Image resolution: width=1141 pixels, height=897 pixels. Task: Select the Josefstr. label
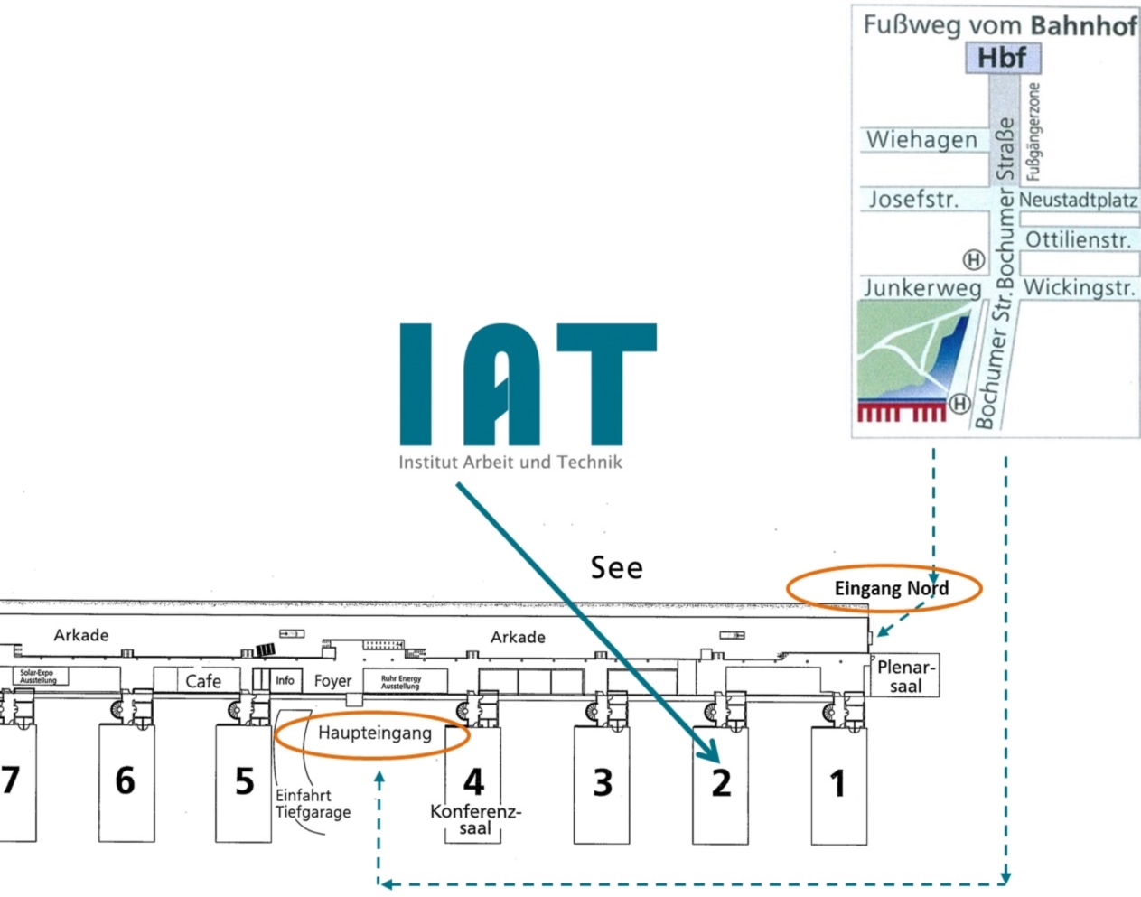pyautogui.click(x=913, y=199)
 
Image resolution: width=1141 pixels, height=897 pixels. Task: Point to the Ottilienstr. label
pyautogui.click(x=1078, y=240)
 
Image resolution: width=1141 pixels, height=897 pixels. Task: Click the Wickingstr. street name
pyautogui.click(x=1079, y=288)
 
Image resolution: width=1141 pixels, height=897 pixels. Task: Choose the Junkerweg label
pyautogui.click(x=922, y=288)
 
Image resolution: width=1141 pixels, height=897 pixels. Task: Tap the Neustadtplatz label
pyautogui.click(x=1078, y=200)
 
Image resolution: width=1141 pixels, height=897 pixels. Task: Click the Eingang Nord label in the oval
pyautogui.click(x=891, y=589)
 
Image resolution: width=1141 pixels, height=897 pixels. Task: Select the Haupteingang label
pyautogui.click(x=374, y=733)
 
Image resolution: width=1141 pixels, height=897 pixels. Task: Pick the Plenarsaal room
pyautogui.click(x=905, y=677)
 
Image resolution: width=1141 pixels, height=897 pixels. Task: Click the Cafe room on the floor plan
pyautogui.click(x=203, y=681)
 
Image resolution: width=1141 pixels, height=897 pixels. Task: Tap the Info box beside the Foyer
pyautogui.click(x=285, y=680)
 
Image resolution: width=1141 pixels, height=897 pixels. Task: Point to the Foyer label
pyautogui.click(x=332, y=681)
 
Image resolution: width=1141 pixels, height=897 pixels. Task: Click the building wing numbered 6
pyautogui.click(x=126, y=781)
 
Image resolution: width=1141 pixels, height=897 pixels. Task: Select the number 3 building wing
pyautogui.click(x=603, y=782)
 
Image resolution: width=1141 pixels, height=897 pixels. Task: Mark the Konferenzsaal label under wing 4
pyautogui.click(x=475, y=819)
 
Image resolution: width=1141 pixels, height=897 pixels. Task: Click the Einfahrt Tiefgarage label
pyautogui.click(x=313, y=804)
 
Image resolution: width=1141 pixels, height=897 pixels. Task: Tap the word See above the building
pyautogui.click(x=617, y=568)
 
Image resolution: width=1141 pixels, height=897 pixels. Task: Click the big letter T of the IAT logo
pyautogui.click(x=606, y=379)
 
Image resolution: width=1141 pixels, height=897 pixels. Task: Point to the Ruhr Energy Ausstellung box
pyautogui.click(x=400, y=682)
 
